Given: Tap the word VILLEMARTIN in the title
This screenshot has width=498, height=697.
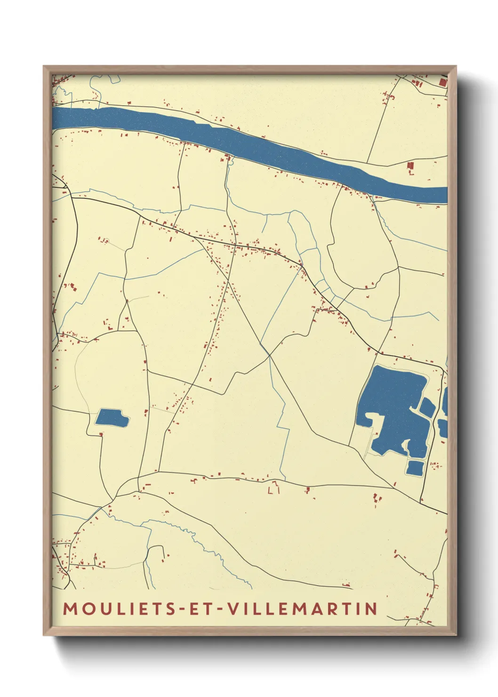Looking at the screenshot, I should [303, 608].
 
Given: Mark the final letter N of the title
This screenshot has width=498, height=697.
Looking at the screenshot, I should [371, 608].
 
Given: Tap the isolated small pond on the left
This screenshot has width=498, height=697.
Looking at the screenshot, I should [112, 418].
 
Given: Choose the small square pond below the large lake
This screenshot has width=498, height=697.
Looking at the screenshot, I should [415, 468].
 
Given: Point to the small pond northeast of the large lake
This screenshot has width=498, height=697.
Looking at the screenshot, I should [427, 407].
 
